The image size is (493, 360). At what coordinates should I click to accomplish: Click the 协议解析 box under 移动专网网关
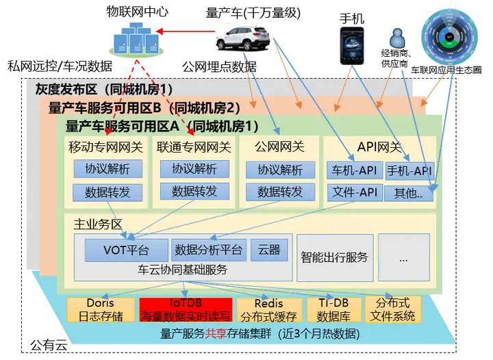point(108,169)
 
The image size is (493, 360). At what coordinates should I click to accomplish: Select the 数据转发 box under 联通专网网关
point(194,192)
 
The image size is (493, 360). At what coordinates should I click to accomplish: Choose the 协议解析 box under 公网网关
point(280,170)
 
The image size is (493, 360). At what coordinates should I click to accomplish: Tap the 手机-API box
point(409,170)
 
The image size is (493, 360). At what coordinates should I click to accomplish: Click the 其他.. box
point(409,193)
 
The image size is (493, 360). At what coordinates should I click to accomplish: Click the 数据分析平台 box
point(209,250)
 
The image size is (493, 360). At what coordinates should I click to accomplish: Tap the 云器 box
point(268,250)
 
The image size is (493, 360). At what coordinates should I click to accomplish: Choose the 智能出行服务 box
point(335,257)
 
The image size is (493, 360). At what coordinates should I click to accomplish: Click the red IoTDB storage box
point(186,309)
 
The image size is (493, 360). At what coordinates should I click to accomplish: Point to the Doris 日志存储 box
point(100,309)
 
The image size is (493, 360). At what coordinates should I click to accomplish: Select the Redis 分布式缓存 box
point(268,309)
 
